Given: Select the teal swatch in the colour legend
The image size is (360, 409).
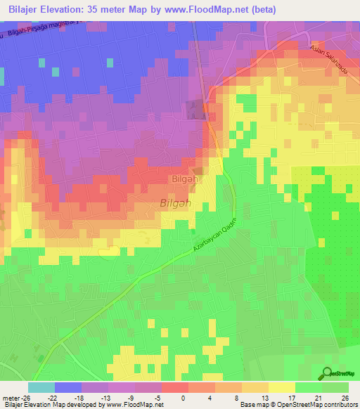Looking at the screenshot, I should pyautogui.click(x=41, y=387).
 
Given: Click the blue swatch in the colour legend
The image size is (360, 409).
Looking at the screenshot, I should pyautogui.click(x=67, y=387).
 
